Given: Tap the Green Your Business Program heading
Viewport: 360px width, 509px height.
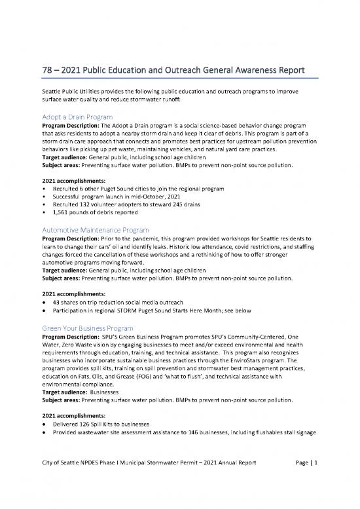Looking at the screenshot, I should point(88,327).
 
